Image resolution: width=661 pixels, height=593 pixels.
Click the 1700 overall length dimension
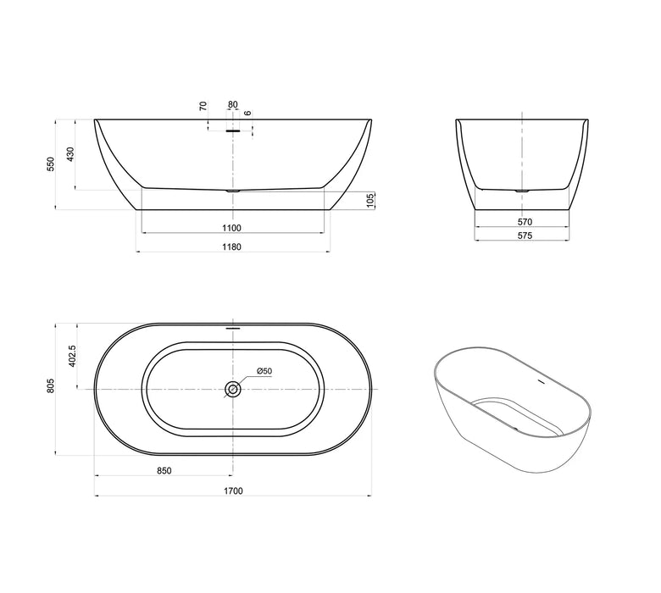click(233, 490)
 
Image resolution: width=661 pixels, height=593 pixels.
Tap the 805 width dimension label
click(51, 387)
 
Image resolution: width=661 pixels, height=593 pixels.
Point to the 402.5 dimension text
click(74, 354)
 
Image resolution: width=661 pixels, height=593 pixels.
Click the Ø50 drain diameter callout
click(264, 372)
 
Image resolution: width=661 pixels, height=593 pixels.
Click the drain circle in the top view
click(233, 389)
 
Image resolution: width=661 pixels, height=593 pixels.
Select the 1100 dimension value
click(233, 227)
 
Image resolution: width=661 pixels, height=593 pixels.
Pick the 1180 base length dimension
click(233, 247)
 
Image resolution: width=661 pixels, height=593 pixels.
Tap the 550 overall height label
click(51, 163)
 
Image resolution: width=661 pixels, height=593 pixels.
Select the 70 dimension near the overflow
click(203, 106)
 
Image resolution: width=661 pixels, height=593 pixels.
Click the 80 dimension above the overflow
click(233, 105)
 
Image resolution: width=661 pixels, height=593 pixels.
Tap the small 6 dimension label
click(247, 112)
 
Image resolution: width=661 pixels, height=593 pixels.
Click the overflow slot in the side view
click(233, 131)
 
